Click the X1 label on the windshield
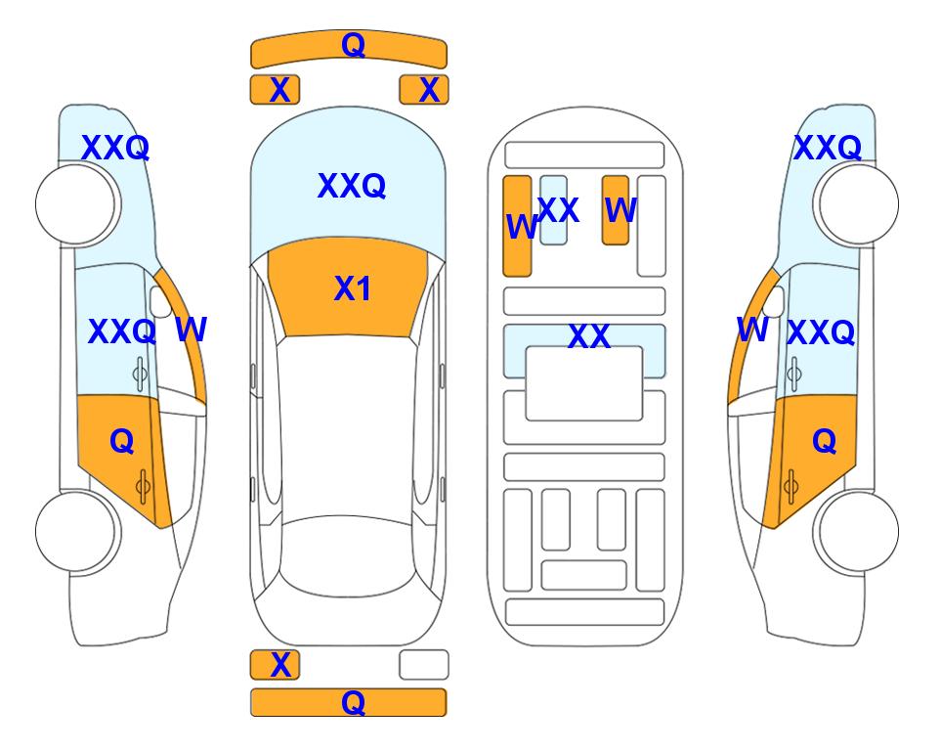(353, 288)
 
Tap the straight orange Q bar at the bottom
(349, 702)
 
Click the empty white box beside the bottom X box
(424, 665)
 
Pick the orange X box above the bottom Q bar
(275, 665)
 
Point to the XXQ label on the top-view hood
(352, 186)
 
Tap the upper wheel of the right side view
(859, 204)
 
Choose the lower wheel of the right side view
(859, 531)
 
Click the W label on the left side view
(191, 330)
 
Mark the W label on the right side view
(752, 330)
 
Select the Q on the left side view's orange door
(122, 442)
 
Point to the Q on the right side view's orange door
(825, 442)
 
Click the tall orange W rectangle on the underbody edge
(517, 226)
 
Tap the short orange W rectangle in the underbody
(616, 210)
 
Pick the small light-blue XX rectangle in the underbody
(553, 210)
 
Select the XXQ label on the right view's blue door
(821, 332)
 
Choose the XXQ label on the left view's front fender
(115, 148)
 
